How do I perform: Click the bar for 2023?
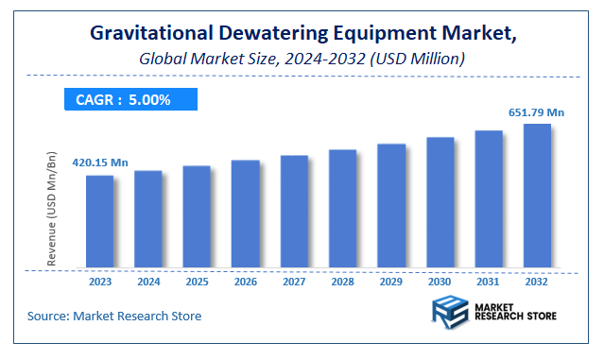(x=99, y=221)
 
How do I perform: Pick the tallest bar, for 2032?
(x=537, y=196)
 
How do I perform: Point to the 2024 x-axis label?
(x=148, y=281)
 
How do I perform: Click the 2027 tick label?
(x=294, y=281)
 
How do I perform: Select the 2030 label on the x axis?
(x=440, y=281)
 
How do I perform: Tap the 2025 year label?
(x=197, y=281)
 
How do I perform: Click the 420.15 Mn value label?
(x=99, y=163)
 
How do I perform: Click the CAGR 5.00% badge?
(x=129, y=99)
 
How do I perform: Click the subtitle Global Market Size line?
(x=301, y=59)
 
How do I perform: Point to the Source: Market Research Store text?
(x=114, y=315)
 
